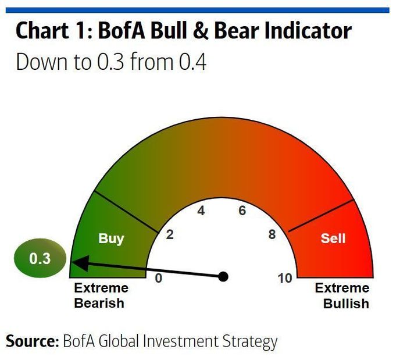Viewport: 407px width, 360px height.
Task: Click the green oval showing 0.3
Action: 40,258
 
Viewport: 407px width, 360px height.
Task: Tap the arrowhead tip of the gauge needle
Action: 72,262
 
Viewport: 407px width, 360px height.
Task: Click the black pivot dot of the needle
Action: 223,277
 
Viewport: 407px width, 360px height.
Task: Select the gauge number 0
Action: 159,278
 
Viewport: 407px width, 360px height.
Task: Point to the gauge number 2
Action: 170,234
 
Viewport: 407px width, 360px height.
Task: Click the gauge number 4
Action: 201,211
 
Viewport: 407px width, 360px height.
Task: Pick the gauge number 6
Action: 242,211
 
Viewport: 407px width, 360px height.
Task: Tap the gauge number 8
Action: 272,234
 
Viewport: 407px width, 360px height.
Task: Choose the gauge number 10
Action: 285,278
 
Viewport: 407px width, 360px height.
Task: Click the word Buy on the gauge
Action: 111,238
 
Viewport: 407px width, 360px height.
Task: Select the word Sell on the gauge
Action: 333,238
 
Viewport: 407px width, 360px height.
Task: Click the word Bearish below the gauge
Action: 99,303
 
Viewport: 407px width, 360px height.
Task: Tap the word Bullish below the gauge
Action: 346,304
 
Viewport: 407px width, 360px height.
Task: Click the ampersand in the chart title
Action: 201,31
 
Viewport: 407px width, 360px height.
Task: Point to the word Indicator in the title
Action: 308,31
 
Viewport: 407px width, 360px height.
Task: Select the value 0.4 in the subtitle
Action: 192,62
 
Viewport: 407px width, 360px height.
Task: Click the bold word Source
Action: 32,341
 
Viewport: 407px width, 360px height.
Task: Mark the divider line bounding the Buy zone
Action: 126,212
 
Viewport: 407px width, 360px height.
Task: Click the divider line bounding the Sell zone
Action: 321,215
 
